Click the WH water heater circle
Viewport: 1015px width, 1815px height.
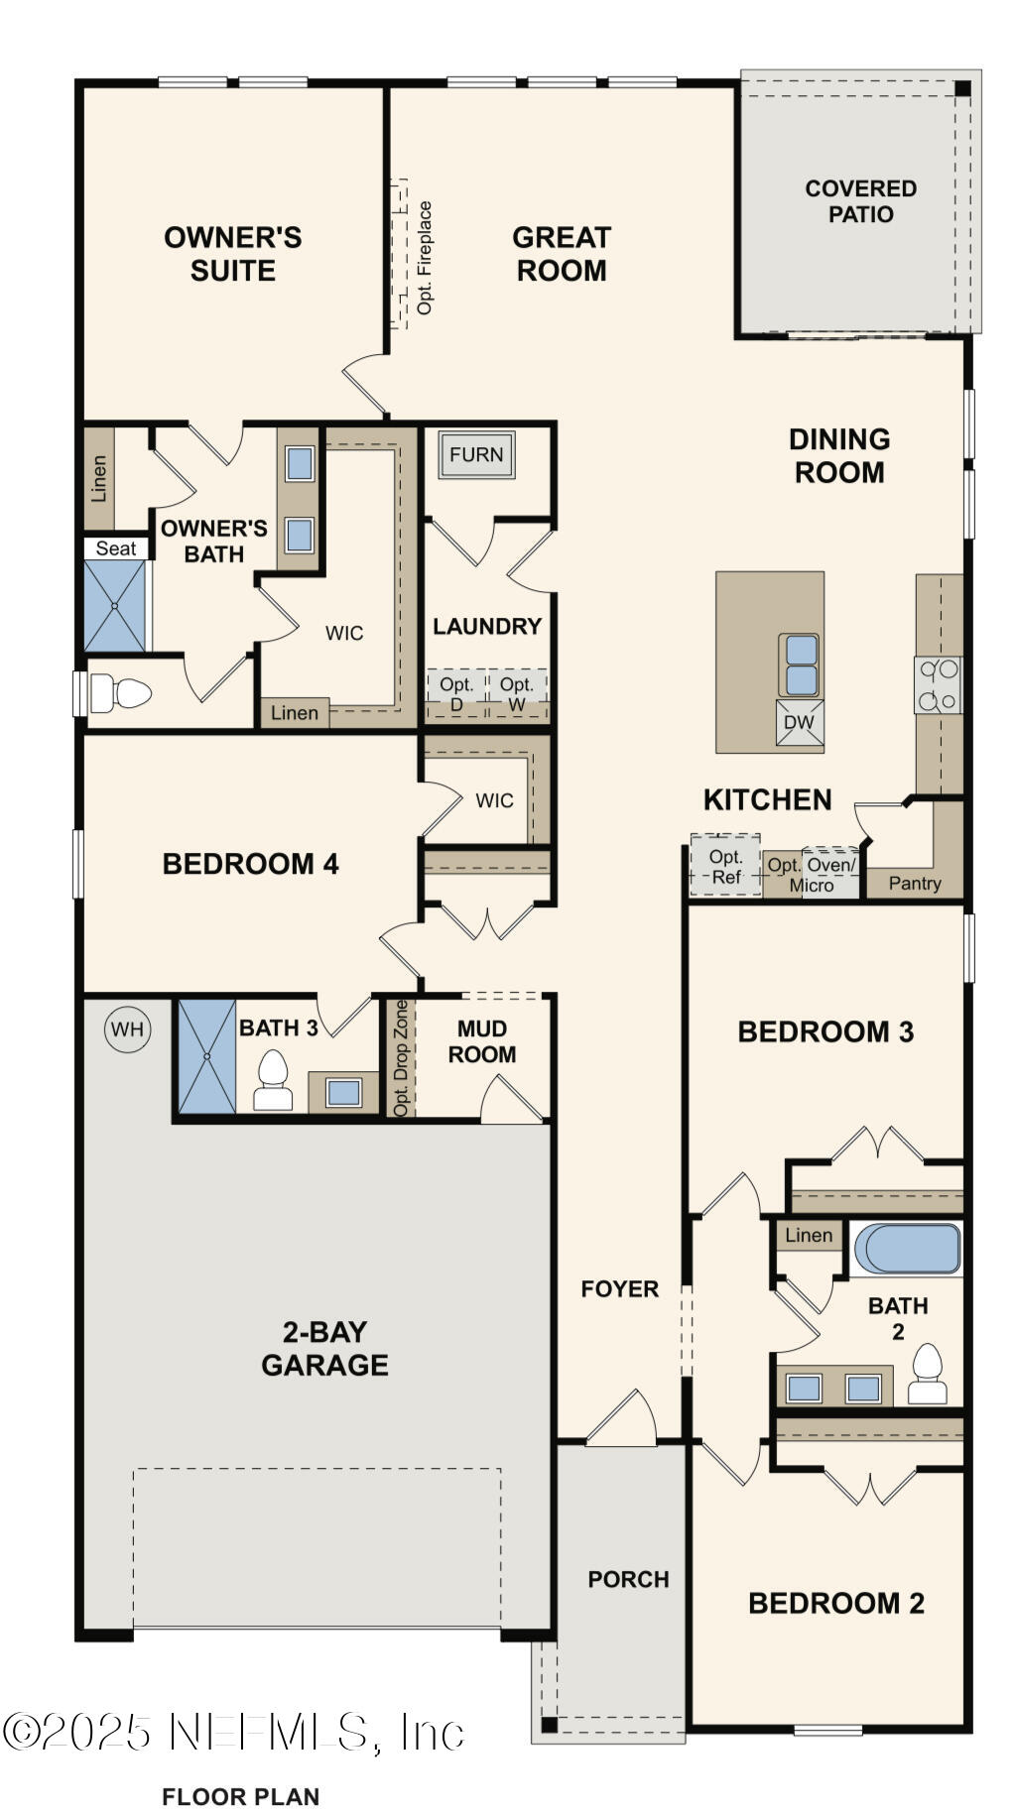point(127,1028)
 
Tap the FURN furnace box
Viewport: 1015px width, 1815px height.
point(476,455)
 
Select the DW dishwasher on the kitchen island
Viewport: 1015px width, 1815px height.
point(799,722)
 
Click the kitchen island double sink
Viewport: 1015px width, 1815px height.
point(799,665)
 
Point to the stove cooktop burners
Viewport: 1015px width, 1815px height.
point(938,684)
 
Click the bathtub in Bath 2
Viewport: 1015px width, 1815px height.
point(907,1249)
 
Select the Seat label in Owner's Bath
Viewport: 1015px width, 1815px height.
point(116,548)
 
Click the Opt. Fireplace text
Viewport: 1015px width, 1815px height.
point(425,258)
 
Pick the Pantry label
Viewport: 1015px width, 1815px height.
point(914,883)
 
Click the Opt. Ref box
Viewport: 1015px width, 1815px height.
point(725,866)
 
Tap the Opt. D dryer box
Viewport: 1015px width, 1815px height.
point(456,693)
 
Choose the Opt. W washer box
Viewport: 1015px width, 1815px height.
point(516,693)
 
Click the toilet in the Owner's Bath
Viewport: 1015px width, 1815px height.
point(118,692)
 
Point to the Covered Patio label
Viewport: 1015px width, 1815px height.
point(860,201)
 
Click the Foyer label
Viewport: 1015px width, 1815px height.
point(619,1288)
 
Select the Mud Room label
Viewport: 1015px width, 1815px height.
point(481,1041)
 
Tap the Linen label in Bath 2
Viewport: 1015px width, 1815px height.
point(809,1235)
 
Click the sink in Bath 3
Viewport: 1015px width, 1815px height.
point(343,1092)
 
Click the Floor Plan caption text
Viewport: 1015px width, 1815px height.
point(240,1796)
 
